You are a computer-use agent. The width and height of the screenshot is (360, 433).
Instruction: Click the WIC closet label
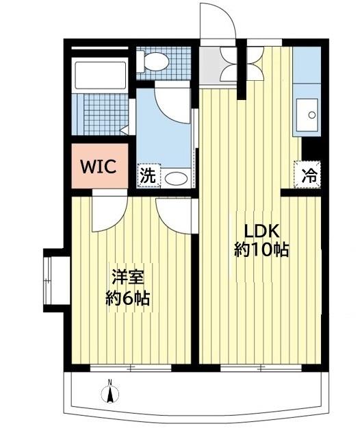[101, 166]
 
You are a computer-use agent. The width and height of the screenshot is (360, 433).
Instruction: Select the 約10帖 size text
[261, 249]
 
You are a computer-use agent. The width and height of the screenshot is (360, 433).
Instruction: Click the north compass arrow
[109, 395]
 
